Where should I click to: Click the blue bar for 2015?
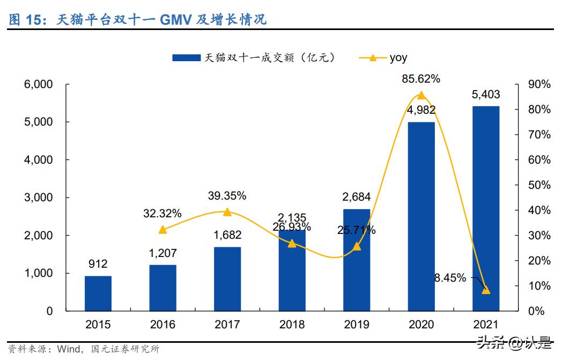tap(98, 293)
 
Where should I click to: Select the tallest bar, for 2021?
tap(485, 209)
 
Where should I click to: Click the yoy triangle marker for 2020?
tap(421, 95)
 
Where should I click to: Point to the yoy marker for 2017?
tap(227, 212)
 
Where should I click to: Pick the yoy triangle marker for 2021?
tap(485, 290)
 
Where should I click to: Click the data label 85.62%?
tap(421, 79)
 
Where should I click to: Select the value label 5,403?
tap(485, 95)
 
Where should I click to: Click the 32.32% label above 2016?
tap(162, 214)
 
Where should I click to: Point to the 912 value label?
tap(98, 264)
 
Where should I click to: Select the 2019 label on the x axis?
tap(356, 324)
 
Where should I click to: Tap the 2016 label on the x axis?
tap(162, 324)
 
